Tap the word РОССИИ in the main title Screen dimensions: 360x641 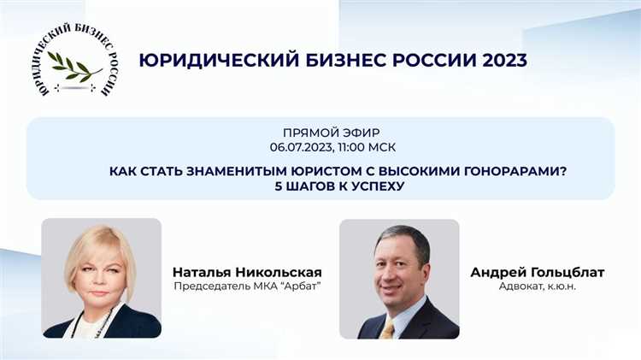point(422,61)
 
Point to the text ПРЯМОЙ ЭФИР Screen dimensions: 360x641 point(320,133)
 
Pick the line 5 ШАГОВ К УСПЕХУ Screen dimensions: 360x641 point(320,186)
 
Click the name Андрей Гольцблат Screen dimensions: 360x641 point(537,272)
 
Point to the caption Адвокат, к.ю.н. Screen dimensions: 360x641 point(537,286)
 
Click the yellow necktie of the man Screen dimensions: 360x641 point(389,329)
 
